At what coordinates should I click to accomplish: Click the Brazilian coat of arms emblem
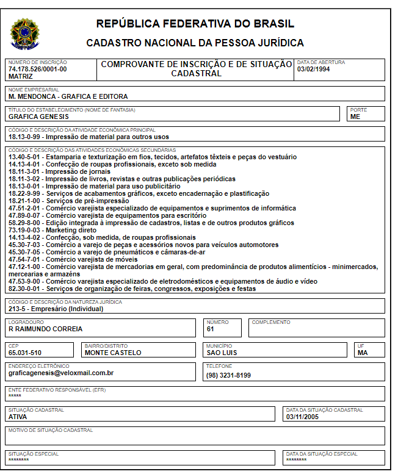coord(24,33)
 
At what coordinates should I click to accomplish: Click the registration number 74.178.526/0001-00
coord(38,69)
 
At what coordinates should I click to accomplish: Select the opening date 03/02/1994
coord(313,69)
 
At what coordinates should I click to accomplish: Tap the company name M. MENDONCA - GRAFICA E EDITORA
coord(68,96)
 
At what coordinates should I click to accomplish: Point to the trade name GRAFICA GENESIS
coord(38,117)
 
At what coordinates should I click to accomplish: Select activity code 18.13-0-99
coord(25,137)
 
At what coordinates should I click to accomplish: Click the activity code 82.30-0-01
coord(25,289)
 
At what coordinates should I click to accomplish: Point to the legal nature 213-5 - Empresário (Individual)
coord(56,309)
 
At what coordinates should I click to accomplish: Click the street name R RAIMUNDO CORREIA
coord(45,329)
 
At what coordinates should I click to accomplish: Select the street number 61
coord(210,329)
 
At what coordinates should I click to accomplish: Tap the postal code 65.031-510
coord(25,353)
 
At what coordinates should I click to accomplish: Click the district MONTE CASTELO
coord(113,353)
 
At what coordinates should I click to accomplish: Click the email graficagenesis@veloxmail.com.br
coord(61,372)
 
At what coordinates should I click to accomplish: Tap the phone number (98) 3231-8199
coord(228,375)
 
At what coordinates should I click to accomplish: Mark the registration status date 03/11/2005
coord(303,417)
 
